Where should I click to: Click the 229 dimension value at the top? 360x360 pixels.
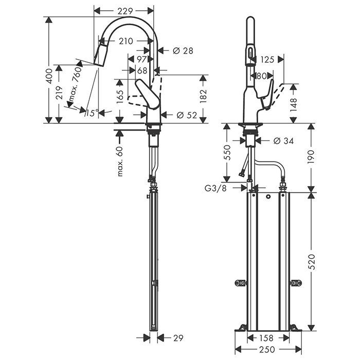click(x=125, y=11)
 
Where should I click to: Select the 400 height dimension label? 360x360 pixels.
click(x=49, y=76)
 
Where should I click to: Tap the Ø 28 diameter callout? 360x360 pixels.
click(x=183, y=50)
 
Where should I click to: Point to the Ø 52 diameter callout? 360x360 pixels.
click(x=187, y=115)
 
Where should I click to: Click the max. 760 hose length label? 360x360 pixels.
click(x=75, y=84)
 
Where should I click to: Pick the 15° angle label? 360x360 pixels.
click(x=92, y=113)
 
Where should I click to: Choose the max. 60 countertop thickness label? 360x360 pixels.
click(x=120, y=161)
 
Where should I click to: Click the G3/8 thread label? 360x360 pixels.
click(x=215, y=188)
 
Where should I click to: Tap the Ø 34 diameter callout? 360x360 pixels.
click(x=283, y=141)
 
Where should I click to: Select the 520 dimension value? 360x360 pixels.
click(x=311, y=262)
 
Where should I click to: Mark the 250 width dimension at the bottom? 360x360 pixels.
click(x=268, y=349)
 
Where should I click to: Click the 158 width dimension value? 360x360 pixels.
click(x=267, y=338)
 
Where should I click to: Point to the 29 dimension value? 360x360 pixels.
click(x=178, y=338)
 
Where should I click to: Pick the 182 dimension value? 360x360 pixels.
click(x=204, y=96)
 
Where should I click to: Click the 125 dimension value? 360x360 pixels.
click(x=267, y=60)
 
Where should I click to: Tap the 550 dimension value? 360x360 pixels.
click(x=227, y=152)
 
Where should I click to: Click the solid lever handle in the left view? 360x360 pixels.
click(x=148, y=94)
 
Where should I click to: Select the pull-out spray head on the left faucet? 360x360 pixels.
click(x=101, y=55)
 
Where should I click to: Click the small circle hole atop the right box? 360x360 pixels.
click(x=268, y=197)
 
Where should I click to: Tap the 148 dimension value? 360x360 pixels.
click(x=294, y=105)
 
